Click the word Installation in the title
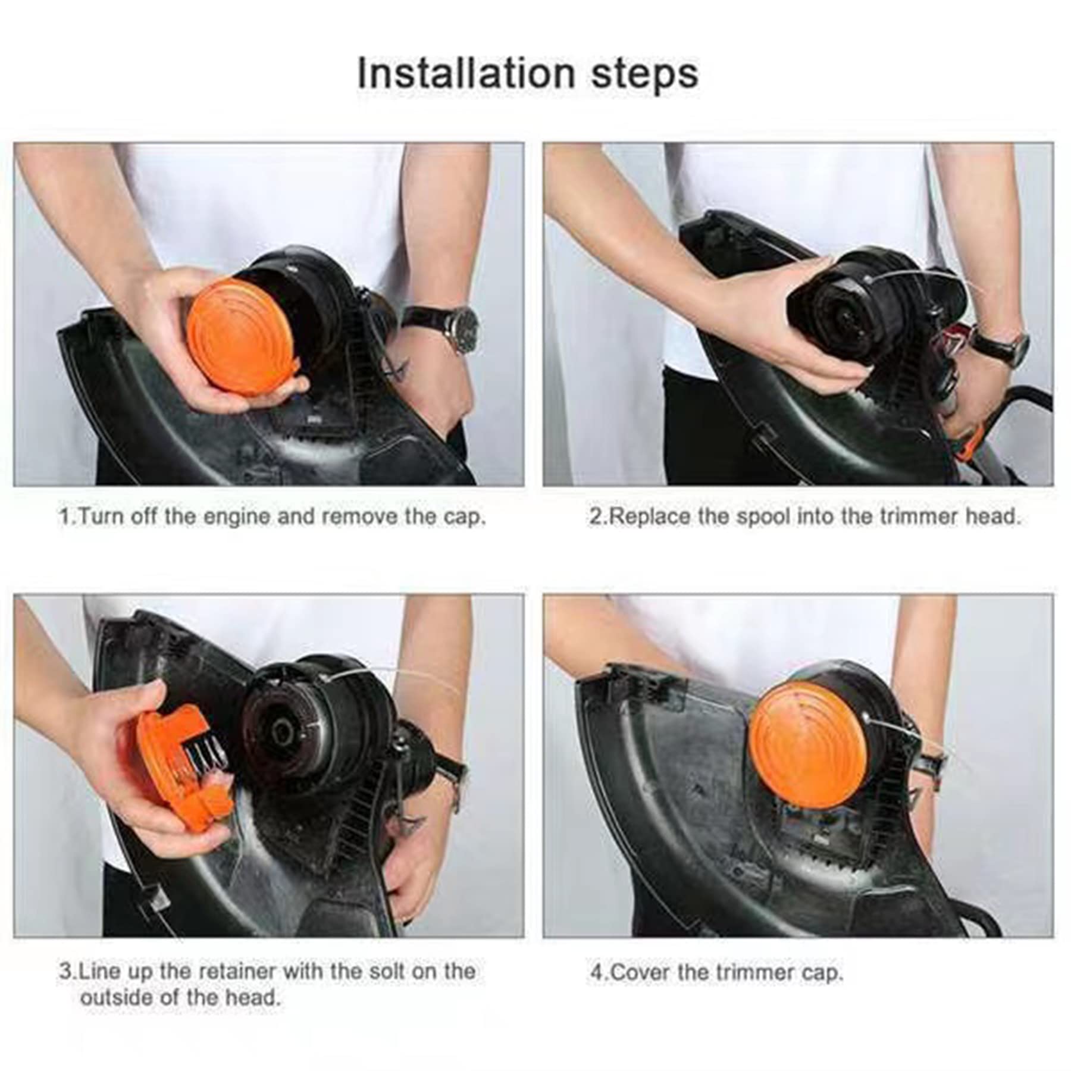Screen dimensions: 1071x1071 466,73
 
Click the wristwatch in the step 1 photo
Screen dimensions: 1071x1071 455,326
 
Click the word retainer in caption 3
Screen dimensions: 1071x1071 237,972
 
